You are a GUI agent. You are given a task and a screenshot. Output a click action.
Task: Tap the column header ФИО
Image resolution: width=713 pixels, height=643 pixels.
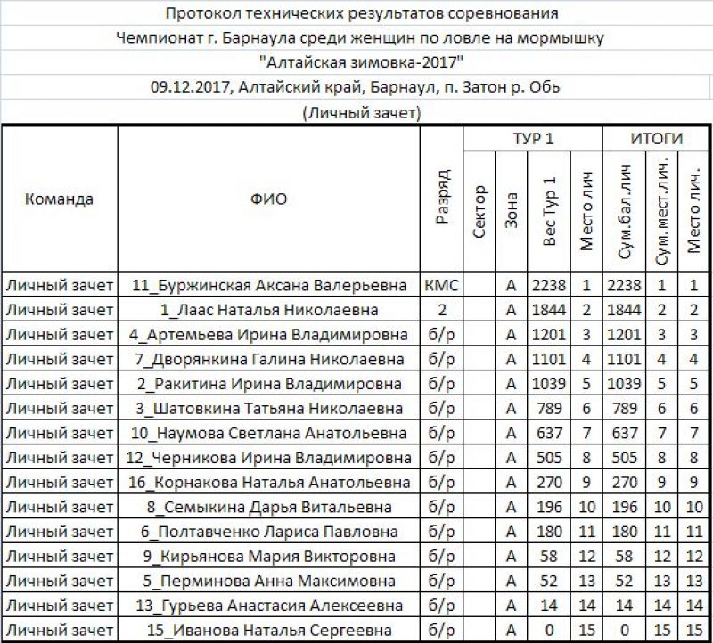tap(268, 199)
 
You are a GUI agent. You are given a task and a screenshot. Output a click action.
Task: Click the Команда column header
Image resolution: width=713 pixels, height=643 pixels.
tap(59, 199)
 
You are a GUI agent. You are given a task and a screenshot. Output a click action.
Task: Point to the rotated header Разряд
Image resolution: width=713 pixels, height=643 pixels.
tap(442, 198)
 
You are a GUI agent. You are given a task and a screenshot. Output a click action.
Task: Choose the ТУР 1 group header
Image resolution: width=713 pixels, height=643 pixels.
tap(533, 139)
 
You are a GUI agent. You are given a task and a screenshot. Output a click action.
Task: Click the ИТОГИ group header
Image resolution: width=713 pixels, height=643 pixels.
tap(657, 139)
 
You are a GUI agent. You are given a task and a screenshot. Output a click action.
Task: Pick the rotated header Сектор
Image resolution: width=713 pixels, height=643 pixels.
tap(479, 210)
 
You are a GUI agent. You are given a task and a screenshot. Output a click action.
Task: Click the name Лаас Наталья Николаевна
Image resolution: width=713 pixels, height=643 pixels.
tap(269, 311)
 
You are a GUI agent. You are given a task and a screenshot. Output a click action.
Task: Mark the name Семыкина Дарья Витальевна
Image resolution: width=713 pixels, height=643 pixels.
tap(269, 508)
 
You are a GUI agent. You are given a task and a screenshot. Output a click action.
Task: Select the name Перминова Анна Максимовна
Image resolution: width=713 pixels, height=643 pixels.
tap(269, 582)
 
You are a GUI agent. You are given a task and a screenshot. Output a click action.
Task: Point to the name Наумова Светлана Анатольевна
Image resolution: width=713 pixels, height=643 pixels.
tap(269, 434)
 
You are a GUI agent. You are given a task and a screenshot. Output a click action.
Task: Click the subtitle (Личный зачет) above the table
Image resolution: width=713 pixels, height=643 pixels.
tap(361, 112)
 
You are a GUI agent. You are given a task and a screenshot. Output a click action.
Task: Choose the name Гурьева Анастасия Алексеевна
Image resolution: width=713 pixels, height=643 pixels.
tap(269, 606)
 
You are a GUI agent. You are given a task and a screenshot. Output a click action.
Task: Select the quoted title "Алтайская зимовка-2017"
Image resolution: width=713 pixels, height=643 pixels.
tap(361, 62)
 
